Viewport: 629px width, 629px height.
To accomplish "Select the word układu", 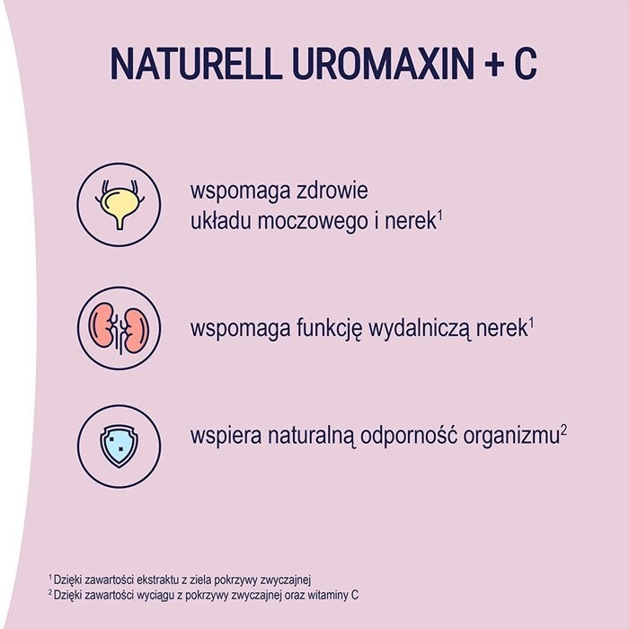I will (x=221, y=218).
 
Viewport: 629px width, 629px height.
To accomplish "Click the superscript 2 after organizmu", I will (x=563, y=430).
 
